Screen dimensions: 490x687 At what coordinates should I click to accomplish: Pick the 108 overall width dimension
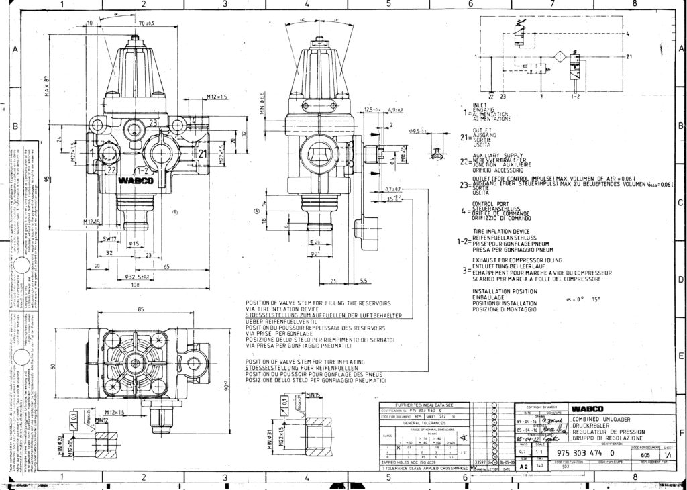tap(136, 285)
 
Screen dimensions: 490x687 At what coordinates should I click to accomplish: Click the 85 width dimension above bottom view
tap(141, 310)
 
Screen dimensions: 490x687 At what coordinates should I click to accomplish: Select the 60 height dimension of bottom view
tap(72, 365)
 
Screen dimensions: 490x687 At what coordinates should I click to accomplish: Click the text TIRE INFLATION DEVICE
tap(500, 231)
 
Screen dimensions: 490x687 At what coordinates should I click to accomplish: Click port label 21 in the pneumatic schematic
tap(629, 57)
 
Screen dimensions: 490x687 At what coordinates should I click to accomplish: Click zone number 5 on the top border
tap(388, 4)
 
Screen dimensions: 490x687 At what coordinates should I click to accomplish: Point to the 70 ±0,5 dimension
tap(146, 23)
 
